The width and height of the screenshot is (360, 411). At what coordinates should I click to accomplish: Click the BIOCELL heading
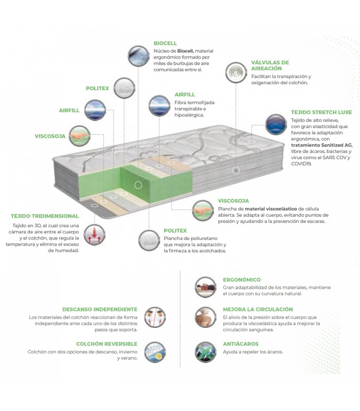coord(165,43)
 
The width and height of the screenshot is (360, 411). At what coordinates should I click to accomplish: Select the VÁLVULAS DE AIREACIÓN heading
coord(270,65)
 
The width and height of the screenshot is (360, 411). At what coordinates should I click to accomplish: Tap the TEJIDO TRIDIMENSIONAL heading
coord(45,216)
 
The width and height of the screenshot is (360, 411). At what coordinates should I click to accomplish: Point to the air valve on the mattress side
coord(236,170)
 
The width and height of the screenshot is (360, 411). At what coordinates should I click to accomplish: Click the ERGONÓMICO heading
coord(242,280)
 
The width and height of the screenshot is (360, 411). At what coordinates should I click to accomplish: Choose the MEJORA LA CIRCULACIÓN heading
coord(258,310)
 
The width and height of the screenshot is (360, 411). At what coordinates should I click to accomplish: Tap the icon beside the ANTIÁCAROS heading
coord(205,352)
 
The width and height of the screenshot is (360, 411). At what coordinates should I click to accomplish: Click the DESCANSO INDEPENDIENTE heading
coord(100,310)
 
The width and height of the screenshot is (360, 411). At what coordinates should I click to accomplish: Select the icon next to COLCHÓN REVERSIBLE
coord(154,352)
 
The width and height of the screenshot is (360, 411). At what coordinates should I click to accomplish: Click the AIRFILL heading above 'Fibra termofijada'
coord(184,95)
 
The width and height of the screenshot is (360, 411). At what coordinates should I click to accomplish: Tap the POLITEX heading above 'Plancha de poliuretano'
coord(175,231)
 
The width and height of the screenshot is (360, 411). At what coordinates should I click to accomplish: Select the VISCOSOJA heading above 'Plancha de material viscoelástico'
coord(233,200)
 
